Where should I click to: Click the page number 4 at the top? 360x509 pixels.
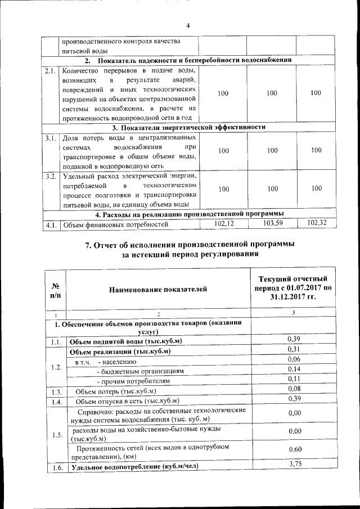(188, 25)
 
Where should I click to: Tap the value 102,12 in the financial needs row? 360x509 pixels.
(223, 224)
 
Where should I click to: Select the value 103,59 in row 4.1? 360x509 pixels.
(272, 224)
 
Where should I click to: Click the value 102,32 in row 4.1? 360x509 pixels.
(316, 224)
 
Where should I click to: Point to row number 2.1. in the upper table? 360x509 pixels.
(51, 71)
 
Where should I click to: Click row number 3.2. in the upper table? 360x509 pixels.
(51, 177)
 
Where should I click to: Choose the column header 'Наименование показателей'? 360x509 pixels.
(159, 289)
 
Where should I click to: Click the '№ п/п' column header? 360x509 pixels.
(56, 289)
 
